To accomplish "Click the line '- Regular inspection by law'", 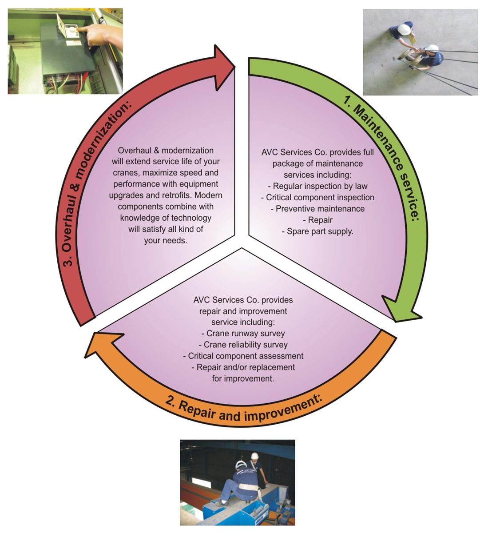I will pos(318,186).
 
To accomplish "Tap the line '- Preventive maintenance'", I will pos(317,209).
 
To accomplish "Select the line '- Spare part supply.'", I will pos(317,231).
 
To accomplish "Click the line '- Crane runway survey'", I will pos(243,333).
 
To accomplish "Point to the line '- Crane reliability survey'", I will pos(243,345).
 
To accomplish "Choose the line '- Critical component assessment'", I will pos(243,356).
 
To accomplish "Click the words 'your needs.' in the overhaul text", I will pos(166,241).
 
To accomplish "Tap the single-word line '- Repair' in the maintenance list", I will pos(317,220).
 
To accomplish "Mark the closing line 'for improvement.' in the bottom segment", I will pos(243,378).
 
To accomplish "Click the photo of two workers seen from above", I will pos(420,52).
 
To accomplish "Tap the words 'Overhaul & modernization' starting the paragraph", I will pos(166,150).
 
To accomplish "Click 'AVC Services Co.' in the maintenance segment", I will pos(291,152).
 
